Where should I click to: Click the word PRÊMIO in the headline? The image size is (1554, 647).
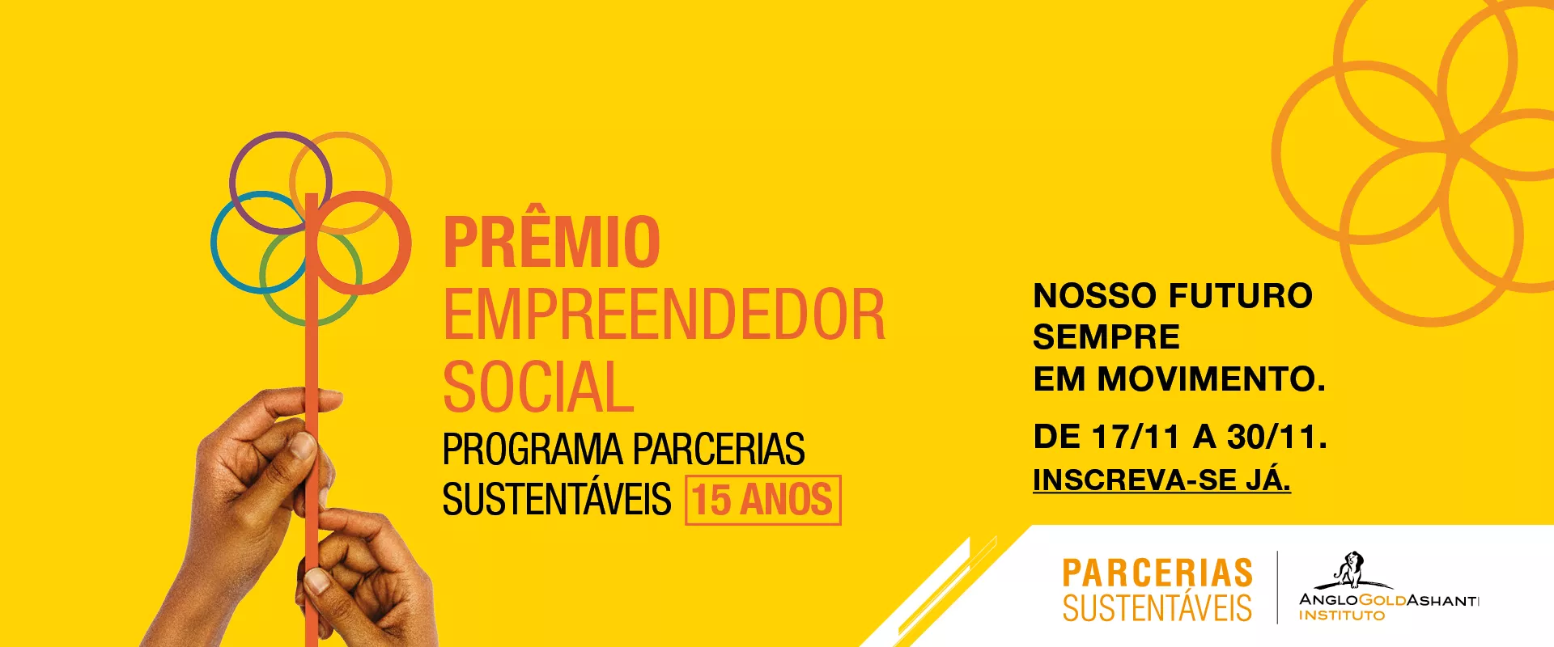552,242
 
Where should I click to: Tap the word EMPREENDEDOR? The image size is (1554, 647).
664,315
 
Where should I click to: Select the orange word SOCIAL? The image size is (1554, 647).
538,387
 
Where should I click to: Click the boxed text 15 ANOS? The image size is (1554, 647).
762,500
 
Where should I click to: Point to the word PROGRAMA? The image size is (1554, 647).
532,450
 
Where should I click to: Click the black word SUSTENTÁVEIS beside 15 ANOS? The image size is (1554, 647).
557,500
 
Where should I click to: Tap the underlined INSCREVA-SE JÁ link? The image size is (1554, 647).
1161,480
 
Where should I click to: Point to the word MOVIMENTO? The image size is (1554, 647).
1210,379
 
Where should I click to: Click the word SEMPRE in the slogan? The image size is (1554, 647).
1106,337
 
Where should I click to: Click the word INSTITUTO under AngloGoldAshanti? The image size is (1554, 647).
1341,615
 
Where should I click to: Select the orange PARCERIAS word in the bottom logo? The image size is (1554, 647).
1157,573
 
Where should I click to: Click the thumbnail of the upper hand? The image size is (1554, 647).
304,444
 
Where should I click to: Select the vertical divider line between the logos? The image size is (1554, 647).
1277,587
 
